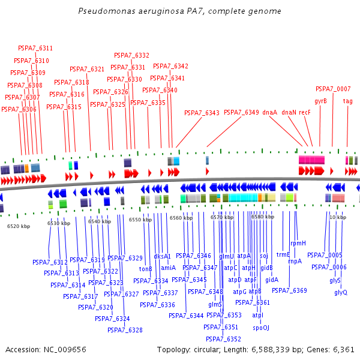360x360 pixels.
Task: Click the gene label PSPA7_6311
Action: [x=35, y=48]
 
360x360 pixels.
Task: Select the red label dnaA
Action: [x=270, y=112]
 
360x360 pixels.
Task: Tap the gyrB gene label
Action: [x=320, y=101]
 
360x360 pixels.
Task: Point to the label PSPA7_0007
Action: [x=333, y=89]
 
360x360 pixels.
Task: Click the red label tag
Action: [x=347, y=101]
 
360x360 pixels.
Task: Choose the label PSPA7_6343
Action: [x=202, y=112]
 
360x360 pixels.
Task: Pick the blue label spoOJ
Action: [x=261, y=328]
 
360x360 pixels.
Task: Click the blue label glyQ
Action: [x=341, y=292]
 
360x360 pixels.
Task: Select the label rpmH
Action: [x=298, y=243]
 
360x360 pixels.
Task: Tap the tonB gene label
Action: [x=145, y=268]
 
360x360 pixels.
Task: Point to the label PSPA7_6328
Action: [x=125, y=330]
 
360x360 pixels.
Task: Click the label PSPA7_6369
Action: [x=289, y=290]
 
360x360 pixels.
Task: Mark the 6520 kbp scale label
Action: [x=18, y=226]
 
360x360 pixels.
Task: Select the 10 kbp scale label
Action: [x=338, y=217]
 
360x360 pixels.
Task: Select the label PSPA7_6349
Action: [x=241, y=112]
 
